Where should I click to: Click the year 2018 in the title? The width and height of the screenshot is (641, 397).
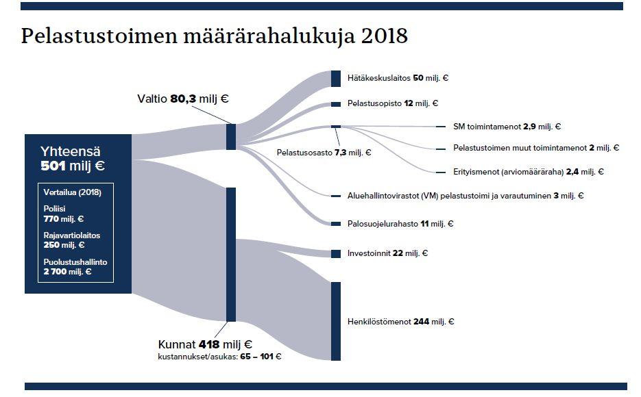pos(385,36)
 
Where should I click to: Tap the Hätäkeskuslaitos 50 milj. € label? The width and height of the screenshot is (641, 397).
pos(398,78)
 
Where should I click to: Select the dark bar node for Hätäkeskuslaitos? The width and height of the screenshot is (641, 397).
pos(336,79)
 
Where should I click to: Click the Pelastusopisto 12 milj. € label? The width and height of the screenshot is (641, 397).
pos(392,103)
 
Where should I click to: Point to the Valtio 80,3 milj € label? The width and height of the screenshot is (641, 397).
pos(183,99)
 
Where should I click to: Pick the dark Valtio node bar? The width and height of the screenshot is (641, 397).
pos(231,137)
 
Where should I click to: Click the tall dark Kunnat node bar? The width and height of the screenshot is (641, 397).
pos(231,255)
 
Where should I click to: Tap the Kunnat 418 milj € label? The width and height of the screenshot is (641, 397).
pos(205,344)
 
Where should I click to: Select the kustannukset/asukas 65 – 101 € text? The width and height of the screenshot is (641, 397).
pos(219,357)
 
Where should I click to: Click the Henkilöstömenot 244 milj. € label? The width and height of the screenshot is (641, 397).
pos(400,322)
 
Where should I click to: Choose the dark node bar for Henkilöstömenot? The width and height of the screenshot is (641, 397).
pos(336,321)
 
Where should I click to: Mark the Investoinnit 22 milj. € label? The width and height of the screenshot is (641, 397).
pos(387,253)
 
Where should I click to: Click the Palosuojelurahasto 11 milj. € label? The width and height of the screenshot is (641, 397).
pos(400,224)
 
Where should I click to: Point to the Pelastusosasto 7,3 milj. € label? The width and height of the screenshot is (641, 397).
pos(324,153)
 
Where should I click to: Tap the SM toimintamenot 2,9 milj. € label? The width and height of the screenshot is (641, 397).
pos(507,127)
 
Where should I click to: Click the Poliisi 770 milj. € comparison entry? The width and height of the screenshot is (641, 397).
pos(63,214)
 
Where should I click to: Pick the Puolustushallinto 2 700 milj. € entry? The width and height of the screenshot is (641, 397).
pos(75,267)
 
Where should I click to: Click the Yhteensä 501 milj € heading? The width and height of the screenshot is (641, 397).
pos(73,159)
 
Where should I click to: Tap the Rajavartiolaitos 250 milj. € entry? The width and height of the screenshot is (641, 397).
pos(72,240)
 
